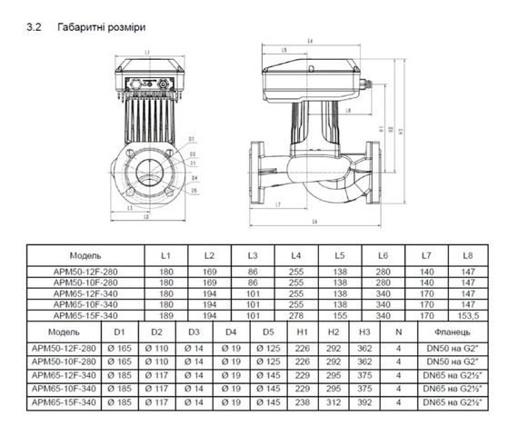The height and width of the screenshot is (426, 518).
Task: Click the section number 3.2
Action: [37, 27]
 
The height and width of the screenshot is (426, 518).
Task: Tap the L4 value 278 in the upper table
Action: [296, 315]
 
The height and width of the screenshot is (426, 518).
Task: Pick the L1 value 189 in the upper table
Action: [166, 315]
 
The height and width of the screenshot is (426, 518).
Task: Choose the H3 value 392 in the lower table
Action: [364, 401]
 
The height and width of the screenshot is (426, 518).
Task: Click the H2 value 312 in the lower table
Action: [332, 401]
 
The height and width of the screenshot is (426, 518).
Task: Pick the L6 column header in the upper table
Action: [383, 256]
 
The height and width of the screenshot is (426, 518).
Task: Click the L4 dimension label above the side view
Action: [311, 41]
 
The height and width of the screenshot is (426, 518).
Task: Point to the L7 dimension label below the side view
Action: [277, 203]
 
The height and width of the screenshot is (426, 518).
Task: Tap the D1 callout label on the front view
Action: [193, 139]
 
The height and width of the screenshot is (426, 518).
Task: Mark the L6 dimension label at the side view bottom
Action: [314, 222]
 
